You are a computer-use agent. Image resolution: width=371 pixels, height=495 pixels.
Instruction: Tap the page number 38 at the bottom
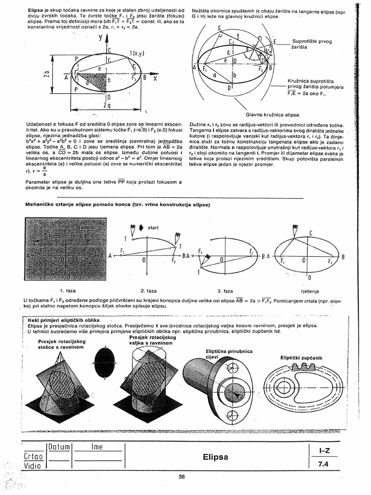pyautogui.click(x=182, y=477)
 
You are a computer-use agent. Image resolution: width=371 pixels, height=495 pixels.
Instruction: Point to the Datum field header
pyautogui.click(x=59, y=447)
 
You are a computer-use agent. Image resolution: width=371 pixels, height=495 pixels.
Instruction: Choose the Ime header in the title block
pyautogui.click(x=97, y=447)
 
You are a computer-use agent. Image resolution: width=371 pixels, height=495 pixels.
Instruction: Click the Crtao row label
pyautogui.click(x=33, y=456)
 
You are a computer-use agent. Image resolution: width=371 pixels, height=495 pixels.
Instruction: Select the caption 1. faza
pyautogui.click(x=68, y=291)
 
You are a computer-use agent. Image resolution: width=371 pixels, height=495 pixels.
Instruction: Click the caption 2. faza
pyautogui.click(x=148, y=291)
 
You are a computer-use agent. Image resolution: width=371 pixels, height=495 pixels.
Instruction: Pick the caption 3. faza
pyautogui.click(x=226, y=291)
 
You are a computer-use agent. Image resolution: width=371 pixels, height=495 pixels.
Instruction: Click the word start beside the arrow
pyautogui.click(x=153, y=227)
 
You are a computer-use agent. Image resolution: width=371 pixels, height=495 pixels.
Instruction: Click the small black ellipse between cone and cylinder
pyautogui.click(x=105, y=361)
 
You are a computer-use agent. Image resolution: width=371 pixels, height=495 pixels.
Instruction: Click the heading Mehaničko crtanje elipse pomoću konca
pyautogui.click(x=117, y=204)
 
